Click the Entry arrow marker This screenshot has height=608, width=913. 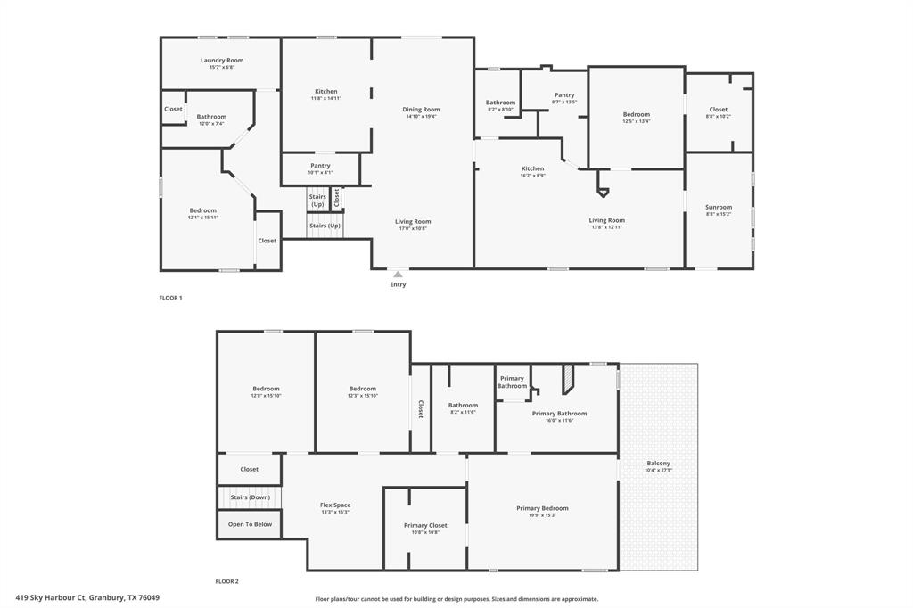(398, 275)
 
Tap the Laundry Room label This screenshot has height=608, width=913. (222, 61)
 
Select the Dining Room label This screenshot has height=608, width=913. (423, 110)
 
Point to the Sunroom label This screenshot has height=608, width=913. (719, 207)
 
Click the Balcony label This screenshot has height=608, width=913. (658, 464)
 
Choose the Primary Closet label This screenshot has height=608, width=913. (425, 525)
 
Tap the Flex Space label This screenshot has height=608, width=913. (335, 505)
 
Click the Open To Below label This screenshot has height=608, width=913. (250, 524)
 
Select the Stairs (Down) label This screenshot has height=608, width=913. (251, 497)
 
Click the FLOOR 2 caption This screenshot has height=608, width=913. (226, 581)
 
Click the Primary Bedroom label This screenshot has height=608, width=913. (542, 508)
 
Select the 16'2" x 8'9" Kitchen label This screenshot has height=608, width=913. (533, 176)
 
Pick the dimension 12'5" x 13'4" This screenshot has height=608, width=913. (637, 121)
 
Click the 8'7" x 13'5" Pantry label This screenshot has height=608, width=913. (564, 102)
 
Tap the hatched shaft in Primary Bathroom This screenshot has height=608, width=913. (567, 380)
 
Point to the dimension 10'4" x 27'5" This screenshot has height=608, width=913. (658, 470)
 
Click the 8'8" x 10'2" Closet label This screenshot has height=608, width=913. (719, 116)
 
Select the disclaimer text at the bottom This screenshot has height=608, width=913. (456, 599)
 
